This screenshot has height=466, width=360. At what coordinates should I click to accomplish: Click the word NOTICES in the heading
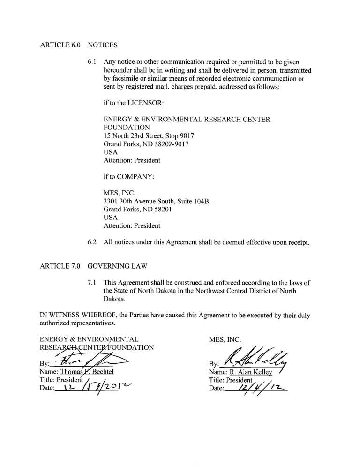click(102, 45)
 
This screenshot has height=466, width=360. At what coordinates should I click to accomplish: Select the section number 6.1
click(93, 62)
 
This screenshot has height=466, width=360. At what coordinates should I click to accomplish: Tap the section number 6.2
click(93, 242)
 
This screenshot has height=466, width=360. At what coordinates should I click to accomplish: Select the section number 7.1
click(93, 283)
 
